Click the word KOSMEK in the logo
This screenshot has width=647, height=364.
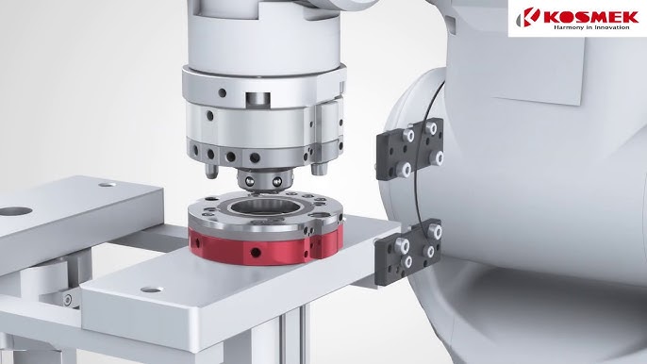pyautogui.click(x=591, y=17)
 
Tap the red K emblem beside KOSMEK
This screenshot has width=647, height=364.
pyautogui.click(x=528, y=17)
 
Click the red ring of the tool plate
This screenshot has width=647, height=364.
pyautogui.click(x=264, y=248)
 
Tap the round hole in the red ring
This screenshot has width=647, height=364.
pyautogui.click(x=256, y=252)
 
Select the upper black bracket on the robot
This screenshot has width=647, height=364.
pyautogui.click(x=409, y=149)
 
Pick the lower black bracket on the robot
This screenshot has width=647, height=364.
pyautogui.click(x=407, y=252)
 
